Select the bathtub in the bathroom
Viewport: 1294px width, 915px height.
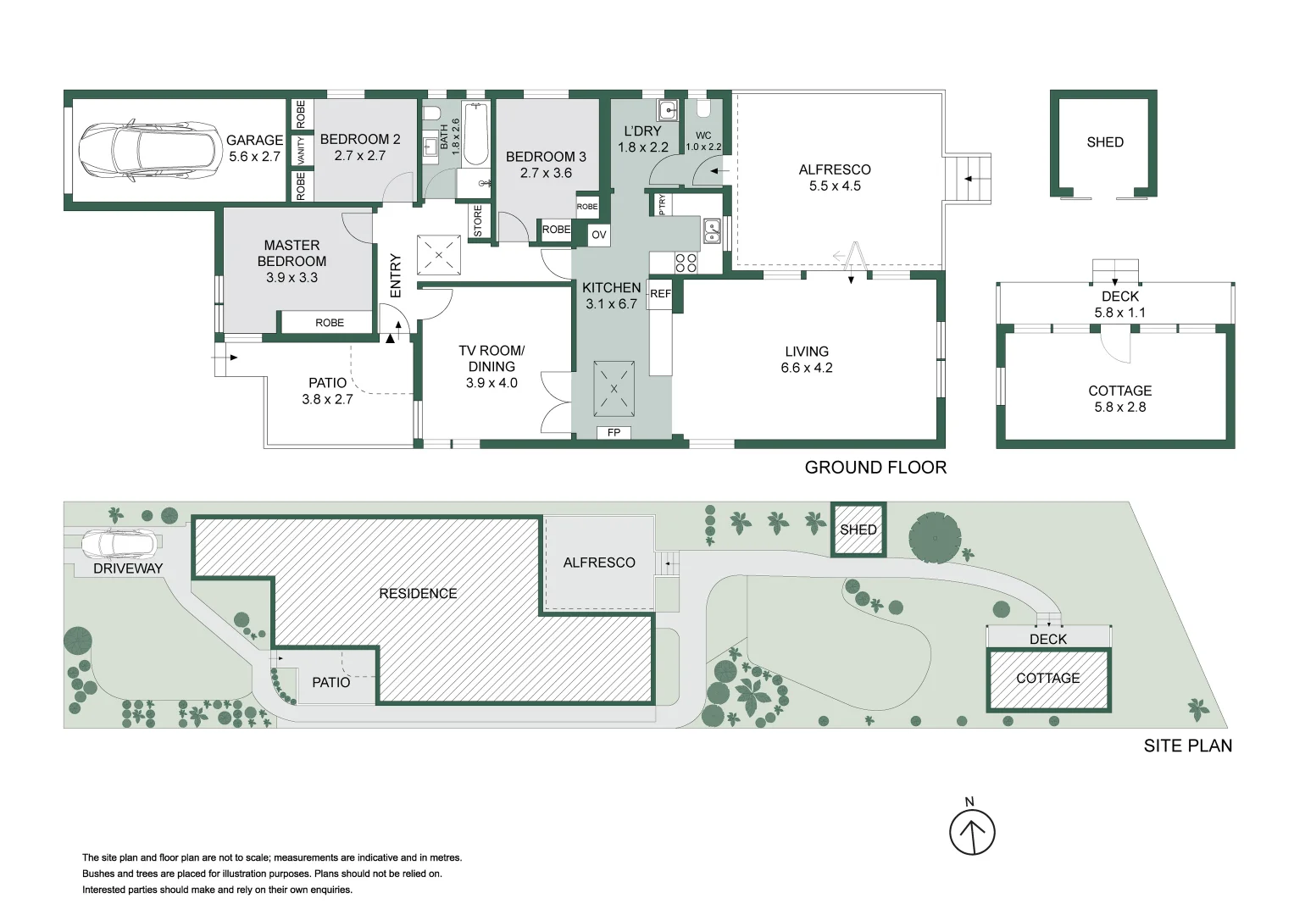click(x=475, y=134)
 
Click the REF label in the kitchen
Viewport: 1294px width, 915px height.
click(x=660, y=294)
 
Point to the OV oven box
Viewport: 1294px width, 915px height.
click(x=599, y=235)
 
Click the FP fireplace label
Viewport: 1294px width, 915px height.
click(x=614, y=433)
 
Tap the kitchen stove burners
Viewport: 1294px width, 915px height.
click(x=686, y=263)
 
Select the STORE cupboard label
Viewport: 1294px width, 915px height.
click(x=478, y=221)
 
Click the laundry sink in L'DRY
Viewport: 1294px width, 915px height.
click(x=668, y=110)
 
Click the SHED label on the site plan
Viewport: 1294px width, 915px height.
click(x=858, y=530)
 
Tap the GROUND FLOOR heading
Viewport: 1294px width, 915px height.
click(x=875, y=468)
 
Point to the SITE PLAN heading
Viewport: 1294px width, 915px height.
click(x=1187, y=746)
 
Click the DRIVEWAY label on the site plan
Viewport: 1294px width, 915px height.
click(x=128, y=568)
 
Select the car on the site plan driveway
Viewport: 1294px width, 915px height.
click(x=119, y=543)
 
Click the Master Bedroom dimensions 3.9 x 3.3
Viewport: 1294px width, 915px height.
click(x=292, y=277)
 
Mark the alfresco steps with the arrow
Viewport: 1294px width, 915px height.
click(x=968, y=179)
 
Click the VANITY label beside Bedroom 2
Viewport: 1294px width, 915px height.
click(x=301, y=151)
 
